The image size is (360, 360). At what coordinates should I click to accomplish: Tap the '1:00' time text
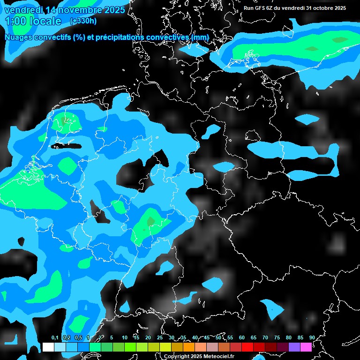pos(16,21)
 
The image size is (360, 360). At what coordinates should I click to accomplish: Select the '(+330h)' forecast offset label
pos(83,21)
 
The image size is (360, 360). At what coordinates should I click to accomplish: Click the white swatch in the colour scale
pos(48,347)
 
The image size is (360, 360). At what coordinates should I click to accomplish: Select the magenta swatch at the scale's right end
pos(306,347)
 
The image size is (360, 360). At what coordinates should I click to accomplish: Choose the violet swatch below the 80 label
pos(294,347)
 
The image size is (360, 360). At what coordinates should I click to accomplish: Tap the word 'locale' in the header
pos(46,21)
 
